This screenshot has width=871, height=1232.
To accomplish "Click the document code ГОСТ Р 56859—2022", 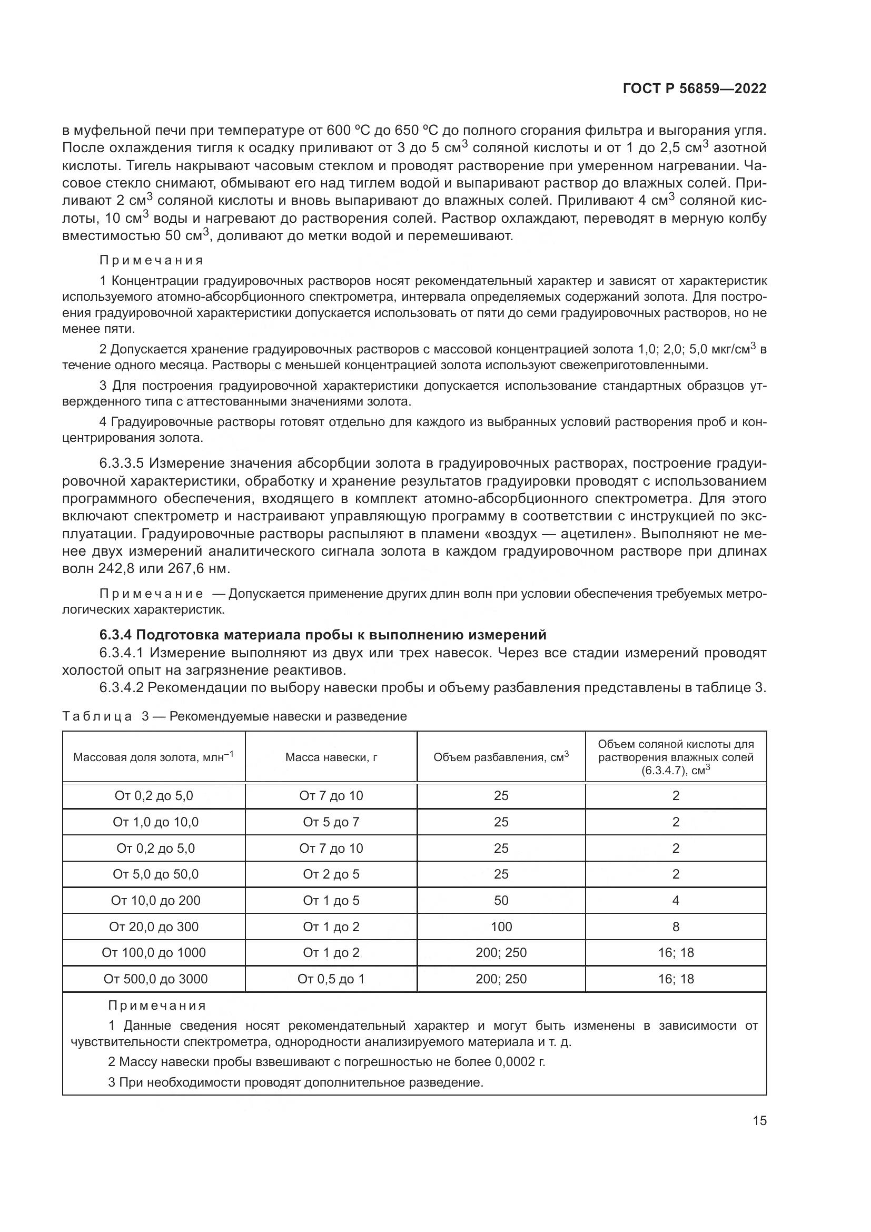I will click(695, 89).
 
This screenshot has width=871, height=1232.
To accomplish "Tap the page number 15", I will click(759, 1120).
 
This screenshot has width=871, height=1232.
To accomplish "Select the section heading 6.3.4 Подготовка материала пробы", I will click(323, 635).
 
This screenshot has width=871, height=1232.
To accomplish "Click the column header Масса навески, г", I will click(331, 757).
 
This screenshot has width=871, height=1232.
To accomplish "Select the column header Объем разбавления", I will click(501, 757).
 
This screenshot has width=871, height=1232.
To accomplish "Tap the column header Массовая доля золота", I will click(153, 757).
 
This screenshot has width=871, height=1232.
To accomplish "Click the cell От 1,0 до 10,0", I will click(155, 822).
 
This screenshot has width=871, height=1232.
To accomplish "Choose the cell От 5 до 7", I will click(331, 822).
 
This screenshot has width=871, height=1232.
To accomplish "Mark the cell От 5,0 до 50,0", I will click(155, 874).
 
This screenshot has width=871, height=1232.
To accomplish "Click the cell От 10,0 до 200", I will click(155, 900).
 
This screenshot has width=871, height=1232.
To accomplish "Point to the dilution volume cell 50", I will click(501, 900).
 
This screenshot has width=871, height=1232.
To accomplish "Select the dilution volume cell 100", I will click(501, 927).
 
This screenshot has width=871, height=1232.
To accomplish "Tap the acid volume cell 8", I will click(676, 927).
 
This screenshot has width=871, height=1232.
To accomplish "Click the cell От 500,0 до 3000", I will click(155, 979).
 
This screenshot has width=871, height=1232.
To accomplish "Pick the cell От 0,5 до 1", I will click(331, 979).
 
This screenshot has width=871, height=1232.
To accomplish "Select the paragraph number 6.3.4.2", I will click(122, 687).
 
